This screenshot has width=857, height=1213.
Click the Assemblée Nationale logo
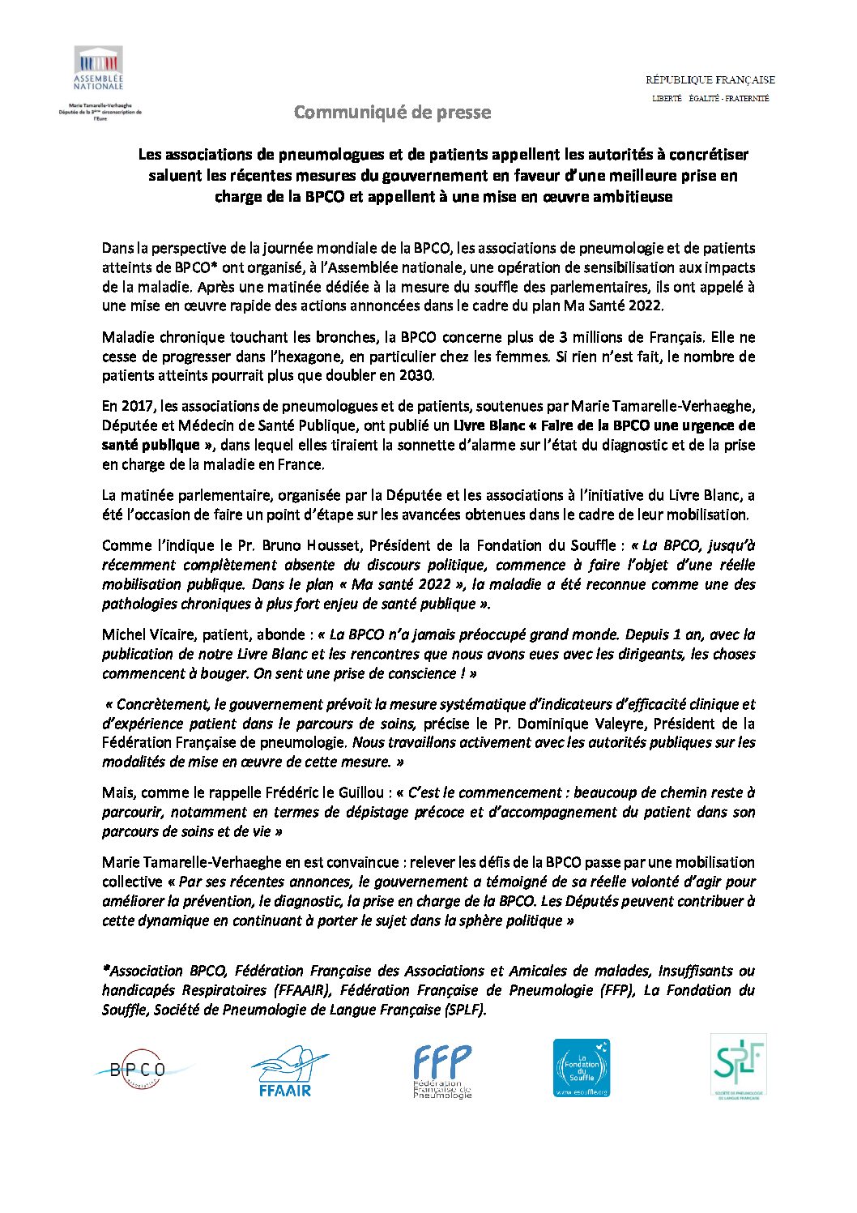coord(98,68)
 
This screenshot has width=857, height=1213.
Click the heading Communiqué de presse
coord(392,112)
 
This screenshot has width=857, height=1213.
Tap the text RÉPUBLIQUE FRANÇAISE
coord(710,79)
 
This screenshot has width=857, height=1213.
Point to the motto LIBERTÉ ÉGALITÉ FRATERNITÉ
coord(710,99)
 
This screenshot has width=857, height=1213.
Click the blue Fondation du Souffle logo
coord(581,1069)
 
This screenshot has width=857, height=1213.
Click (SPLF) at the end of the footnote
coord(464,1010)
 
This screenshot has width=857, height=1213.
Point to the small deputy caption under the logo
coord(100,112)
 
